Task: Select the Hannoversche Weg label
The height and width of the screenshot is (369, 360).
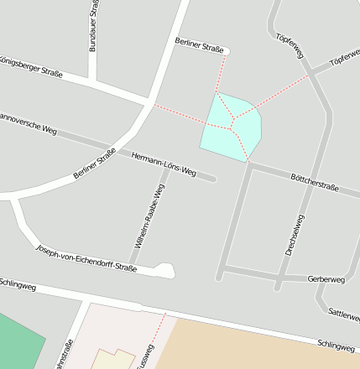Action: pyautogui.click(x=27, y=122)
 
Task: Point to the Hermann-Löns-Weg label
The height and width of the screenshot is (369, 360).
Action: pyautogui.click(x=164, y=162)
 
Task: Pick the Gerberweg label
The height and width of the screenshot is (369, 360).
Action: pyautogui.click(x=326, y=278)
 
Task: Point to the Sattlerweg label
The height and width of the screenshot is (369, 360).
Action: pyautogui.click(x=343, y=314)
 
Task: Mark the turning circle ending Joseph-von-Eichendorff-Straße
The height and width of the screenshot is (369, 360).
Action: pyautogui.click(x=165, y=270)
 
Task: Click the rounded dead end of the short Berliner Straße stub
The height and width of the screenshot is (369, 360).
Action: pyautogui.click(x=224, y=51)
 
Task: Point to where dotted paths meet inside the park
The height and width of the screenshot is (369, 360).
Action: pyautogui.click(x=232, y=127)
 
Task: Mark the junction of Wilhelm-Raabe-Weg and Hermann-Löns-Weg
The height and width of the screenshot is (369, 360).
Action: pyautogui.click(x=170, y=165)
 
